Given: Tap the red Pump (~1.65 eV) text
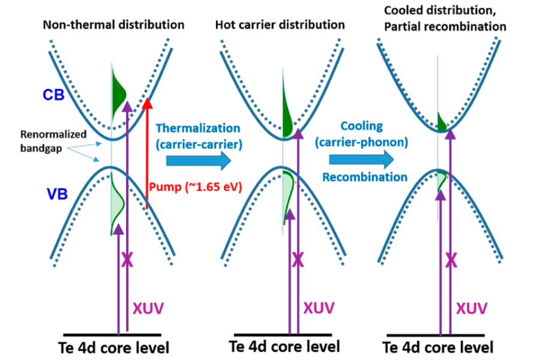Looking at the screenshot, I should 195,186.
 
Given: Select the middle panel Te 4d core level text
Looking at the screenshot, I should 284,347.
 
